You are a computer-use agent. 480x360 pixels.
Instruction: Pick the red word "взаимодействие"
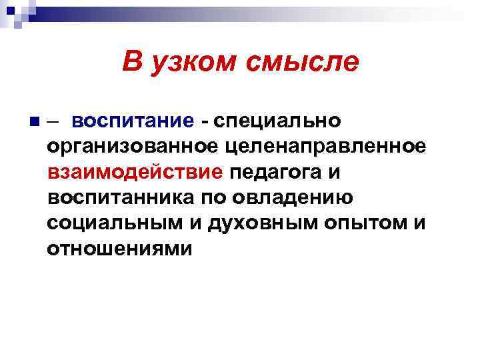[x=135, y=173]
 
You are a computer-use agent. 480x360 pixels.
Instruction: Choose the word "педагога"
[x=278, y=173]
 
